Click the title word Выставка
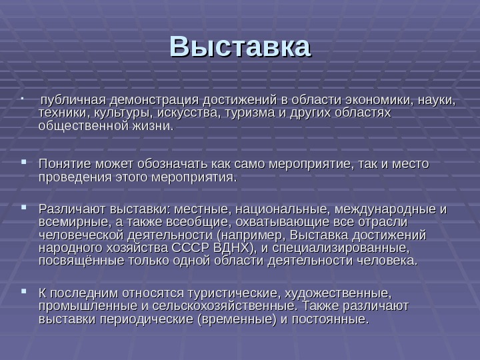240,48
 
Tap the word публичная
69,101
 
